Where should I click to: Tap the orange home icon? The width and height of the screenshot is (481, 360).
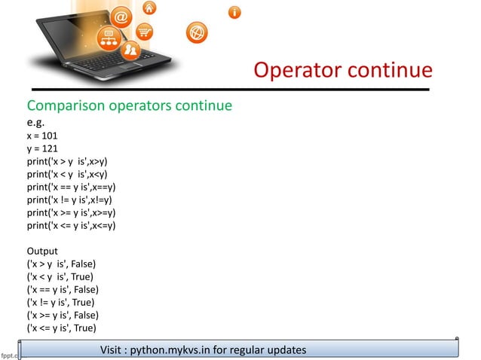click(x=151, y=8)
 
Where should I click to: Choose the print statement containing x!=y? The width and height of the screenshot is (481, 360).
click(x=70, y=200)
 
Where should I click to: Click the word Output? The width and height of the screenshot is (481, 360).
click(x=44, y=250)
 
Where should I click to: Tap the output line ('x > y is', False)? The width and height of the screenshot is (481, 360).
click(x=66, y=264)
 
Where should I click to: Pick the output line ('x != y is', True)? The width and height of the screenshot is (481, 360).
click(x=65, y=302)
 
